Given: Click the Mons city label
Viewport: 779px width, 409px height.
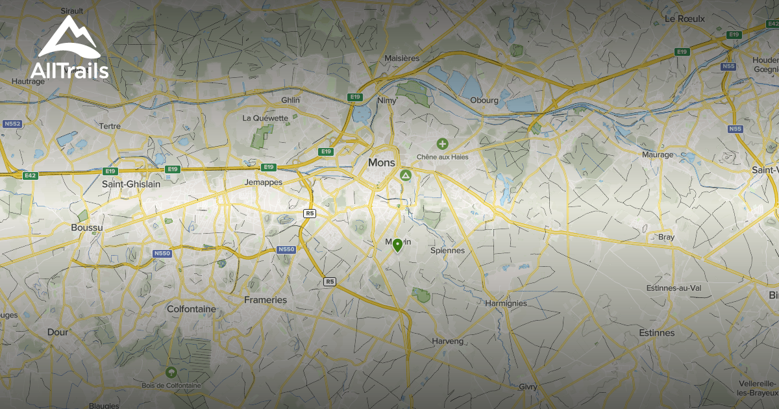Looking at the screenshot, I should [x=381, y=162].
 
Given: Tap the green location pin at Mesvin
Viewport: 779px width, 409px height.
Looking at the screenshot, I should [x=397, y=245].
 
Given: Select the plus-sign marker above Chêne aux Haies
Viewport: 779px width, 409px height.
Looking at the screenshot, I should [x=442, y=143].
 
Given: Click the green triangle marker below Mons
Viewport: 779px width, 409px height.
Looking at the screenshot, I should [x=406, y=176].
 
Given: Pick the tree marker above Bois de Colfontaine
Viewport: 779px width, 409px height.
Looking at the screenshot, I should [x=171, y=372].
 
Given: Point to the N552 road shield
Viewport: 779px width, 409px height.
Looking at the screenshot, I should [x=12, y=123].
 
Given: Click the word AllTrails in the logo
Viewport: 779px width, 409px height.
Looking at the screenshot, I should [x=69, y=71].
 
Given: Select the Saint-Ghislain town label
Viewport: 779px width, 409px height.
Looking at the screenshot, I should [x=130, y=184].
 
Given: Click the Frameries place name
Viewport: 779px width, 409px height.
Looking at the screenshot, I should [x=265, y=300].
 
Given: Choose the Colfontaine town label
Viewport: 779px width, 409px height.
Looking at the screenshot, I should [x=191, y=309].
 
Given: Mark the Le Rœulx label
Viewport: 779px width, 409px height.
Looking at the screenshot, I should [x=684, y=19].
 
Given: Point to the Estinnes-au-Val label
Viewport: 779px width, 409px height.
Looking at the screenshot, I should [x=678, y=288].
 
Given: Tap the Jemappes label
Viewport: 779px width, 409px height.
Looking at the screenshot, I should [x=264, y=182].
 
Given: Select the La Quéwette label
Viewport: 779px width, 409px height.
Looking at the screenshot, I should [x=265, y=118].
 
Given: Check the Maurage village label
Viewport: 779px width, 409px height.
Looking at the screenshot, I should [x=657, y=155].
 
